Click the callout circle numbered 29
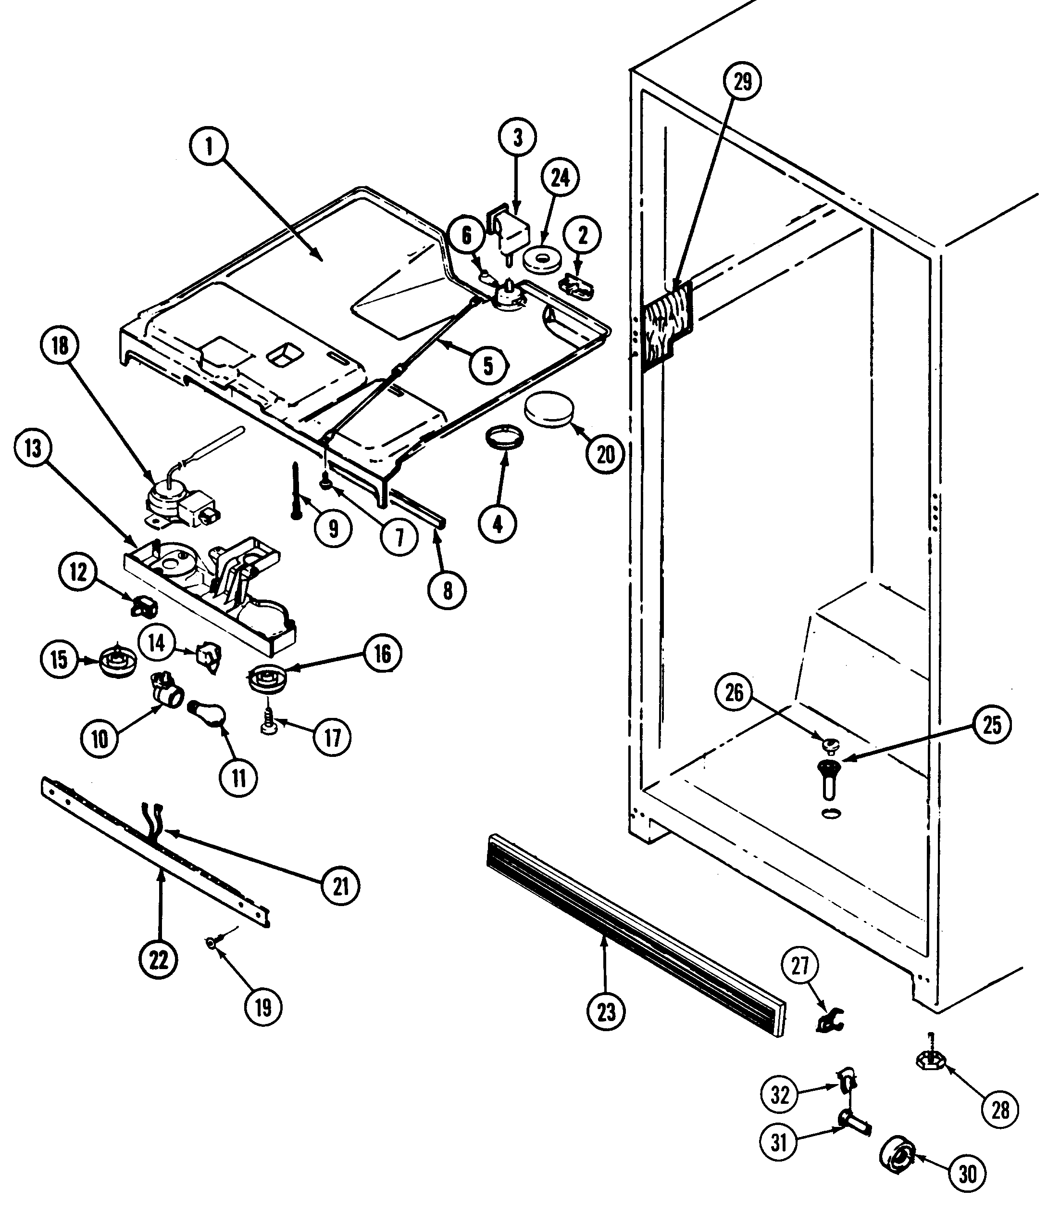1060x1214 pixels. click(x=742, y=82)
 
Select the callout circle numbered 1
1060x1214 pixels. click(x=209, y=146)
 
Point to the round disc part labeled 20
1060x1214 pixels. click(x=549, y=409)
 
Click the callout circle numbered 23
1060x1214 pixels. click(x=606, y=1012)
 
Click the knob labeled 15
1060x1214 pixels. click(x=118, y=661)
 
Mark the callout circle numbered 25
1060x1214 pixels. click(x=992, y=725)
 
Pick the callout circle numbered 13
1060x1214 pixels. click(x=33, y=448)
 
